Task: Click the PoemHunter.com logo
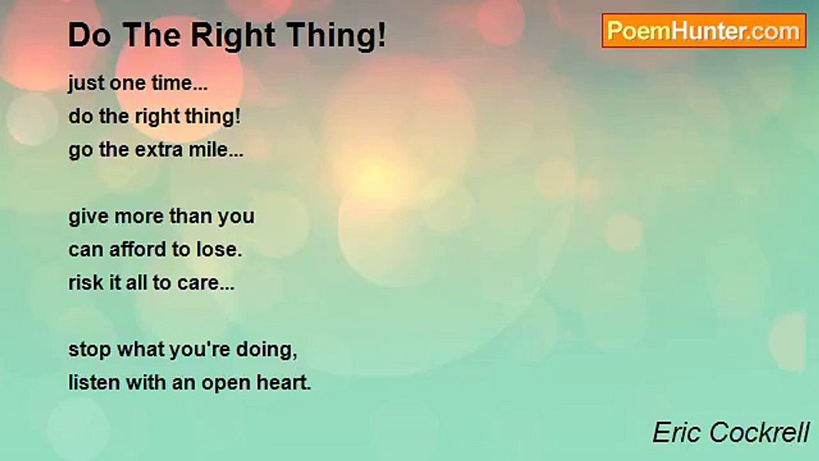pos(704,31)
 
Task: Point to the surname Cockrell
pos(759,432)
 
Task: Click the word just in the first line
pos(86,84)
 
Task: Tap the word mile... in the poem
pos(216,149)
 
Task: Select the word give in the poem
pos(88,216)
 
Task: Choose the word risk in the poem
pos(86,283)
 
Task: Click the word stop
pos(90,350)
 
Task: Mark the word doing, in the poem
pos(267,350)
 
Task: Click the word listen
pos(94,383)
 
